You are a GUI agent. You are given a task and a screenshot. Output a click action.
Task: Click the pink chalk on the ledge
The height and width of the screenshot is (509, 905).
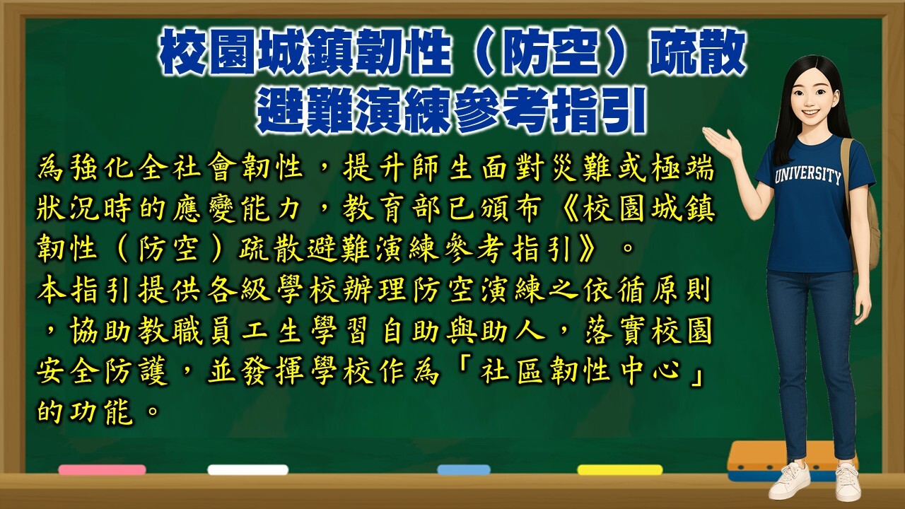102,470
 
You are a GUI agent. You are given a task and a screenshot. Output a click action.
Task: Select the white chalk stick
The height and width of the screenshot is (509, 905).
247,470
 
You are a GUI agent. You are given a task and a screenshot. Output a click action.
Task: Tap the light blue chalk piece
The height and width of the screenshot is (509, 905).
464,470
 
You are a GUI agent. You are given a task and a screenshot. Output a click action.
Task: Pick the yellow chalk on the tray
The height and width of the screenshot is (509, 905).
620,470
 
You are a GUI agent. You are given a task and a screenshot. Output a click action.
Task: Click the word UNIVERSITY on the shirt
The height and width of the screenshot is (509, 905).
807,176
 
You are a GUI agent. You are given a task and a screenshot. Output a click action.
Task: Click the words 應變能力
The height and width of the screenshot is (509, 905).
236,209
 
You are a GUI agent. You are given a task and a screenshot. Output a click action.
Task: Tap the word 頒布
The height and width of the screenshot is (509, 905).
512,209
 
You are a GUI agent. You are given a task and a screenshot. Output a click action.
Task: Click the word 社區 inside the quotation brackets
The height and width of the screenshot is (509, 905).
511,371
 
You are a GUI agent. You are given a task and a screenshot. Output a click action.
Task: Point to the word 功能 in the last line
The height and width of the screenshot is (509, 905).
102,411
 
